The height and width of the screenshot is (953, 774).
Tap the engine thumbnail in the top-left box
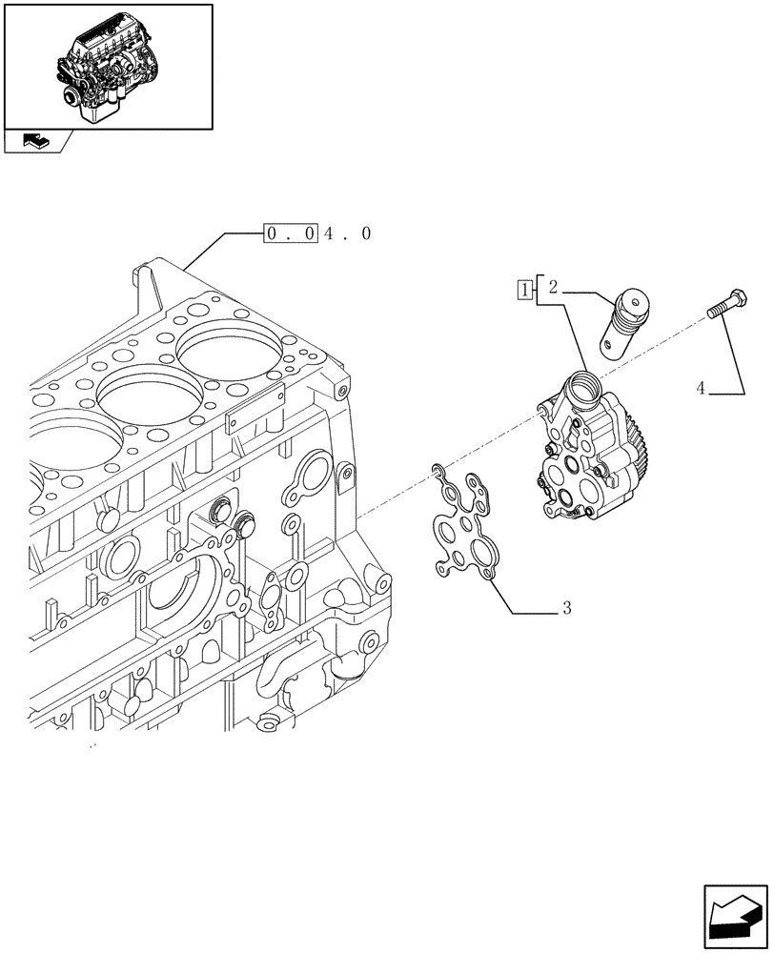coord(107,67)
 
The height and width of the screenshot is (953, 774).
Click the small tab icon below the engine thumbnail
coord(35,142)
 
